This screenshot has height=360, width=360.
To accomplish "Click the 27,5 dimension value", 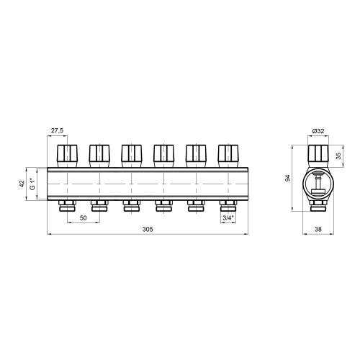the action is (x=57, y=130).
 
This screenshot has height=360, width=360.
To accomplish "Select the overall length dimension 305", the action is (x=148, y=229).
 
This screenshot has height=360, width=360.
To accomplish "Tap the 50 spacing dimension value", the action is (x=84, y=218).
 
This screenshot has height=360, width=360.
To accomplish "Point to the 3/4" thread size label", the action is (x=228, y=218).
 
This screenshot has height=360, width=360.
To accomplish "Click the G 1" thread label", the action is (x=33, y=184).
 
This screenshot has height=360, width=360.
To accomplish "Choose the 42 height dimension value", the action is (x=22, y=184).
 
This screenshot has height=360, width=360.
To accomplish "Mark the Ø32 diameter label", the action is (x=318, y=131).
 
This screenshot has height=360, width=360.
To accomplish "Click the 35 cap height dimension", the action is (x=338, y=156).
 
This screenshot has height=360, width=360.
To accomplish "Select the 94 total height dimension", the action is (x=288, y=178).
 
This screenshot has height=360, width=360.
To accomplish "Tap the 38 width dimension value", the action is (x=318, y=229).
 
